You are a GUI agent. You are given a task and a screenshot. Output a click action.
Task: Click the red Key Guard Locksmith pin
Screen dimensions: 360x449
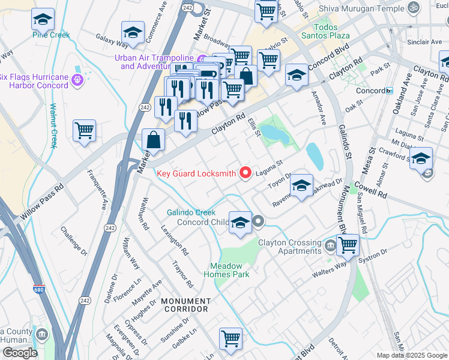click(245, 173)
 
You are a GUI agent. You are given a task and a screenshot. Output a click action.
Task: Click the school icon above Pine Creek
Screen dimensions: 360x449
click(42, 20)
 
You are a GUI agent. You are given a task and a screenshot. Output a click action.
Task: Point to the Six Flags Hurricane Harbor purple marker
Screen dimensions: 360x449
click(76, 80)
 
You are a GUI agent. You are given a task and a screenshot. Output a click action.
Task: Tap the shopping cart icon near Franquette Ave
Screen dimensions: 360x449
click(85, 130)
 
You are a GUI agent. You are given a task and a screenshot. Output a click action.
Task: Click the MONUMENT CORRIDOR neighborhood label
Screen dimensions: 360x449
click(185, 305)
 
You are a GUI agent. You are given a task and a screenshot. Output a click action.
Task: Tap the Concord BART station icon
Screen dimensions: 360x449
click(389, 91)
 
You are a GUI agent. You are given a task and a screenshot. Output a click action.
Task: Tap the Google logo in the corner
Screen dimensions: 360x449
click(20, 353)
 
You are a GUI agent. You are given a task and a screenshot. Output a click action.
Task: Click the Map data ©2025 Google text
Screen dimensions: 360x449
click(411, 355)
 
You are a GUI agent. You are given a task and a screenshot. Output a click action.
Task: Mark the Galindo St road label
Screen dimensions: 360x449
click(345, 141)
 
